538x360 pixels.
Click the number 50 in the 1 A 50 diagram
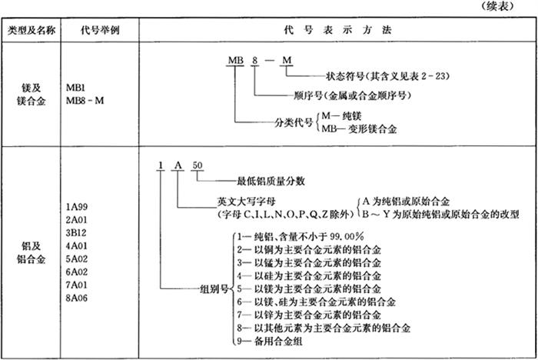click(x=198, y=165)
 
